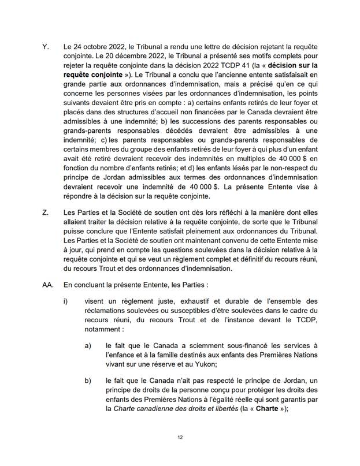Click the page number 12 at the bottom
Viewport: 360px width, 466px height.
[180, 437]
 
